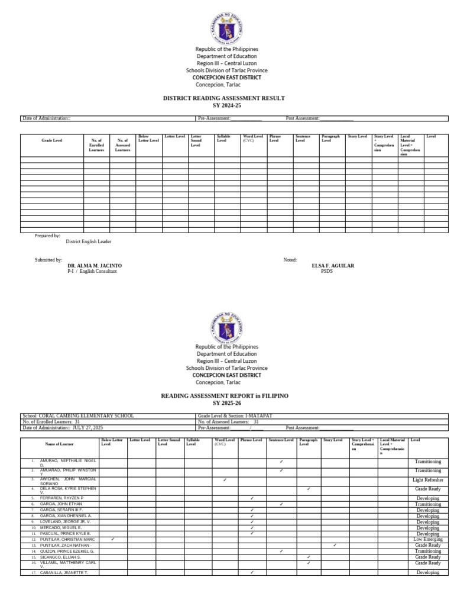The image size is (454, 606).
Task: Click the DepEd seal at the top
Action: [226, 28]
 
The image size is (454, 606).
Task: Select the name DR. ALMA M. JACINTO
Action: [95, 266]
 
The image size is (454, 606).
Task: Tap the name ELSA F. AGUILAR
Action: [333, 266]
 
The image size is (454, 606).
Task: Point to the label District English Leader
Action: [88, 241]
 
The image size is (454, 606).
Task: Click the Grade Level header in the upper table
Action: [51, 140]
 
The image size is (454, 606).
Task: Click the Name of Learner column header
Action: [60, 444]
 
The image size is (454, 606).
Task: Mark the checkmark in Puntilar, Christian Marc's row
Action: [112, 539]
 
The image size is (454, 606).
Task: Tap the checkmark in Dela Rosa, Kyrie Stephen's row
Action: [309, 489]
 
